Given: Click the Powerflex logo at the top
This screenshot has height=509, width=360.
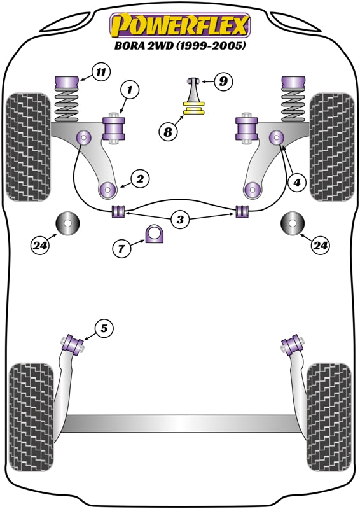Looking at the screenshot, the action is (x=180, y=25).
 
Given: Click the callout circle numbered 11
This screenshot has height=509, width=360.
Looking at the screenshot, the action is (x=101, y=72).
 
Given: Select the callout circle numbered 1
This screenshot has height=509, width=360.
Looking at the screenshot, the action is (x=129, y=90).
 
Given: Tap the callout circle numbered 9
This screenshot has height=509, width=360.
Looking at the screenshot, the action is (x=223, y=81).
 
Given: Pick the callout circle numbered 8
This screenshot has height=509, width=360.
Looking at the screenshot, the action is (x=169, y=132).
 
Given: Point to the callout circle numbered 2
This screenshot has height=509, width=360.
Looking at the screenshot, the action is (x=140, y=179).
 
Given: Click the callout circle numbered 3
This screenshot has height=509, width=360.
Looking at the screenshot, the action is (x=180, y=220).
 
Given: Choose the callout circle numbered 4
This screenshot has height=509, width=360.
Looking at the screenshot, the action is (x=296, y=183).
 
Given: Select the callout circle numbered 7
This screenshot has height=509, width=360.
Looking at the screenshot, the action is (x=121, y=249).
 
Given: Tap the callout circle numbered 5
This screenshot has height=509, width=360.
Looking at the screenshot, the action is (x=104, y=328).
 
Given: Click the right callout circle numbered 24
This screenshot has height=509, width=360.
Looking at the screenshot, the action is (x=320, y=246).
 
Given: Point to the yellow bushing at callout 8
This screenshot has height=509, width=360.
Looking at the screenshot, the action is (x=194, y=108).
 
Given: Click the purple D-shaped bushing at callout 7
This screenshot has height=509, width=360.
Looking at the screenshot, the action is (x=154, y=234).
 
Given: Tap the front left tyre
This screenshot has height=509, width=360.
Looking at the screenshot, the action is (x=29, y=147).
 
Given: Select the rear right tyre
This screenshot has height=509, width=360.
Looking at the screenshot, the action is (x=329, y=417).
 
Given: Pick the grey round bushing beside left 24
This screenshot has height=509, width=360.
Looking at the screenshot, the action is (x=68, y=223).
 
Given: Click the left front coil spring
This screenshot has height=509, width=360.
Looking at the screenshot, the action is (x=67, y=106).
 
